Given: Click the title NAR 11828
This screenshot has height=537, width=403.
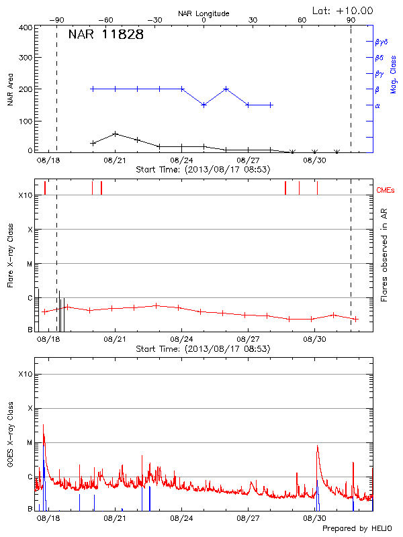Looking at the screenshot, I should (106, 35).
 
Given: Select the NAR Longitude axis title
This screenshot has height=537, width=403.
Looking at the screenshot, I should (204, 13).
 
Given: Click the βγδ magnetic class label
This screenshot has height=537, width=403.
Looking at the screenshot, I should (381, 42).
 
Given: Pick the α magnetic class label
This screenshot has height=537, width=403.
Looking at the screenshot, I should (377, 105).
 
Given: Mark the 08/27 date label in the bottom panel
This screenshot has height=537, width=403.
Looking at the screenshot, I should (248, 518).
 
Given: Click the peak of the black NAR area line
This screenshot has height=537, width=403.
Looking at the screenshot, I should (116, 134).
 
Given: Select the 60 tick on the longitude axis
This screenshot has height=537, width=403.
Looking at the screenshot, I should (302, 20).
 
